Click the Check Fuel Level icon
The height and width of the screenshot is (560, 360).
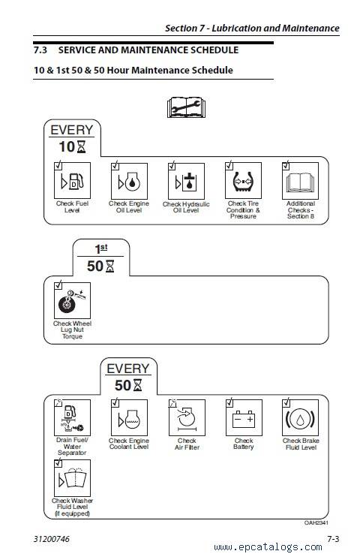point(72,180)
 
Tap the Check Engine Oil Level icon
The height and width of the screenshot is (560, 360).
point(129,181)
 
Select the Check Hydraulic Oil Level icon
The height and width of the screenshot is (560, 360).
point(186,181)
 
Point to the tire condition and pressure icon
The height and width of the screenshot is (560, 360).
point(243,180)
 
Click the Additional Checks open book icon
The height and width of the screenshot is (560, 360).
point(301,181)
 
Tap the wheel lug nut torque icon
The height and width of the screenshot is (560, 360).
point(72,300)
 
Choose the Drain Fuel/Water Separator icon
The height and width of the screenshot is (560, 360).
point(72,417)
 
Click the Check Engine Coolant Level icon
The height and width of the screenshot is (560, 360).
point(129,417)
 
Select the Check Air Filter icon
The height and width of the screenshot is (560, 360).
point(187,417)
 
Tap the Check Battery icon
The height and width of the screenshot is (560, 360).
point(244,417)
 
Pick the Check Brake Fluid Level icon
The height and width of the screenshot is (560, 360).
point(301,417)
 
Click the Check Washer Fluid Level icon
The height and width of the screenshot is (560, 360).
point(72,478)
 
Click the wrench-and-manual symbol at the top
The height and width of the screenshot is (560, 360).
point(186,107)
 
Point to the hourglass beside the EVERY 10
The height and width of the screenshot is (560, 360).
point(81,146)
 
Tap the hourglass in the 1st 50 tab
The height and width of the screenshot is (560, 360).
point(110,266)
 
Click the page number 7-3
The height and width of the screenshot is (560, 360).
point(333,538)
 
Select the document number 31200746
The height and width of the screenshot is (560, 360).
point(52,538)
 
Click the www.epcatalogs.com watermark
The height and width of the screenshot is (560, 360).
point(268,547)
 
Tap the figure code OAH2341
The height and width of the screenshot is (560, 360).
point(316,522)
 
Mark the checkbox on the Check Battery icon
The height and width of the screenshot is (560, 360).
point(229,403)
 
